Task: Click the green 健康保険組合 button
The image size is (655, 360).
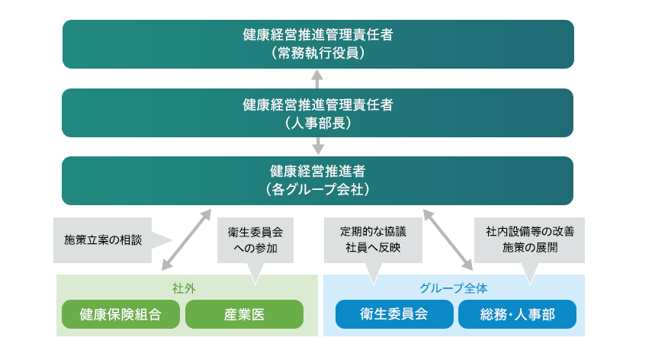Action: point(120,314)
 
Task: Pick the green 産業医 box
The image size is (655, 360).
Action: point(244,314)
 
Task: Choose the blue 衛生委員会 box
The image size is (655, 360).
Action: point(393,314)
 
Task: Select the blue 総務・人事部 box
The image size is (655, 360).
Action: point(517,314)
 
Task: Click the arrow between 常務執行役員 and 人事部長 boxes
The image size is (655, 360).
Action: point(318,79)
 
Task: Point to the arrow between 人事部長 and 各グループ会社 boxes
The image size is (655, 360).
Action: point(318,146)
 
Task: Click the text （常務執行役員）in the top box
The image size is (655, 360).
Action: point(318,54)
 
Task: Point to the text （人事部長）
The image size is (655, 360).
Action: point(318,122)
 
